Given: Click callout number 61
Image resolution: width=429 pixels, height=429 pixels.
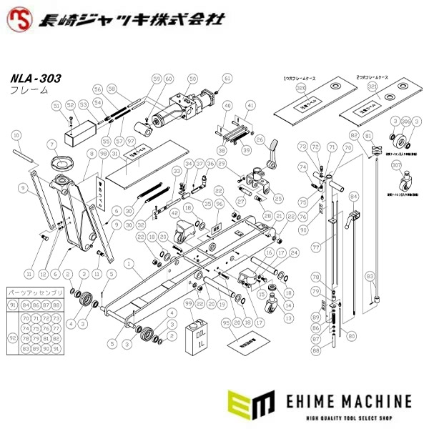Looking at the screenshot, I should click(227, 79).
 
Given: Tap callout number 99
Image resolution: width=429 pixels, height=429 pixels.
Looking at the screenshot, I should click(189, 303).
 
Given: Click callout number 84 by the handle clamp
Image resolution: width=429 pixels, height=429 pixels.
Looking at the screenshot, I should click(352, 194).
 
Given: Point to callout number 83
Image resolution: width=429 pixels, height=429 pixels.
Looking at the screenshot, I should click(370, 275).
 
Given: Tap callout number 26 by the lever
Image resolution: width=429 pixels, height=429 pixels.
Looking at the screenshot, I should click(260, 140).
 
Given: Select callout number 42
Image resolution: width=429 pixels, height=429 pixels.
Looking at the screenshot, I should click(175, 212).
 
